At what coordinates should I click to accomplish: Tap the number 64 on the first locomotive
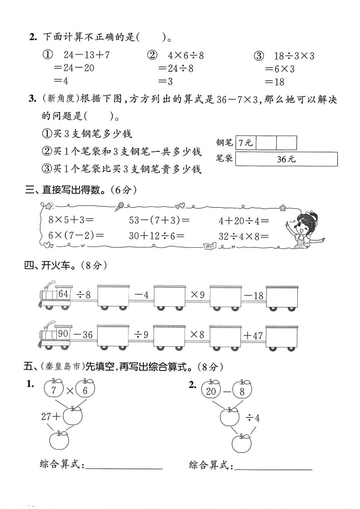click(x=63, y=294)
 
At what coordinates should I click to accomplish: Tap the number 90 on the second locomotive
click(x=63, y=334)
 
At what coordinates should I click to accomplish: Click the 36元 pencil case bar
click(x=287, y=159)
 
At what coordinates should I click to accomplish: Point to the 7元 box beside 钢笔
click(x=246, y=142)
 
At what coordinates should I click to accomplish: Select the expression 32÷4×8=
click(x=244, y=236)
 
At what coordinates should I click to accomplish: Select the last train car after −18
click(x=282, y=297)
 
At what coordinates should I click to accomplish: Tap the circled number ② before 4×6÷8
click(x=152, y=56)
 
